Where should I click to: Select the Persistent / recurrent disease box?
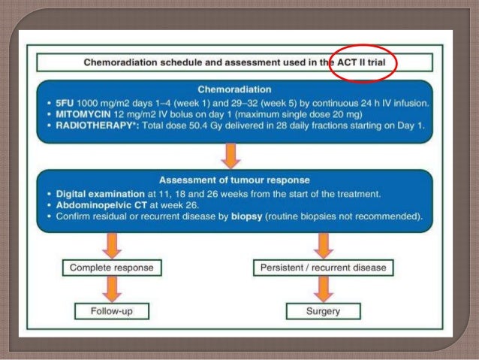324,267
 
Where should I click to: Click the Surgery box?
324,310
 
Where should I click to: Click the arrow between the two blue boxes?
231,155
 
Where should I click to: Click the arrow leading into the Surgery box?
324,289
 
